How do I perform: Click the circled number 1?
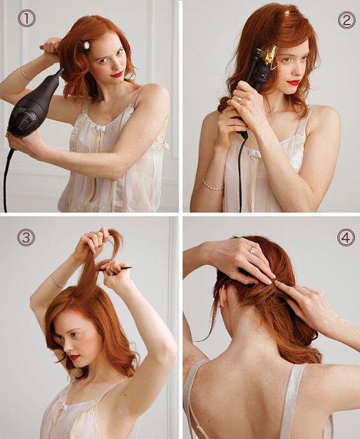[26, 18]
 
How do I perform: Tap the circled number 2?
[347, 20]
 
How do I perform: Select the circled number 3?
[26, 237]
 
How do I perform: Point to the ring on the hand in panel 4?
[252, 250]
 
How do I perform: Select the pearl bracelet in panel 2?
[214, 185]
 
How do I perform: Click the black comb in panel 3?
[116, 269]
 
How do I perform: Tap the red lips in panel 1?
[117, 75]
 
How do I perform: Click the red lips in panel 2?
[293, 83]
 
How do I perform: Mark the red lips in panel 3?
[75, 358]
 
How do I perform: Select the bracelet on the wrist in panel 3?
[58, 282]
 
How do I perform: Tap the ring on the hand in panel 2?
[239, 99]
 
